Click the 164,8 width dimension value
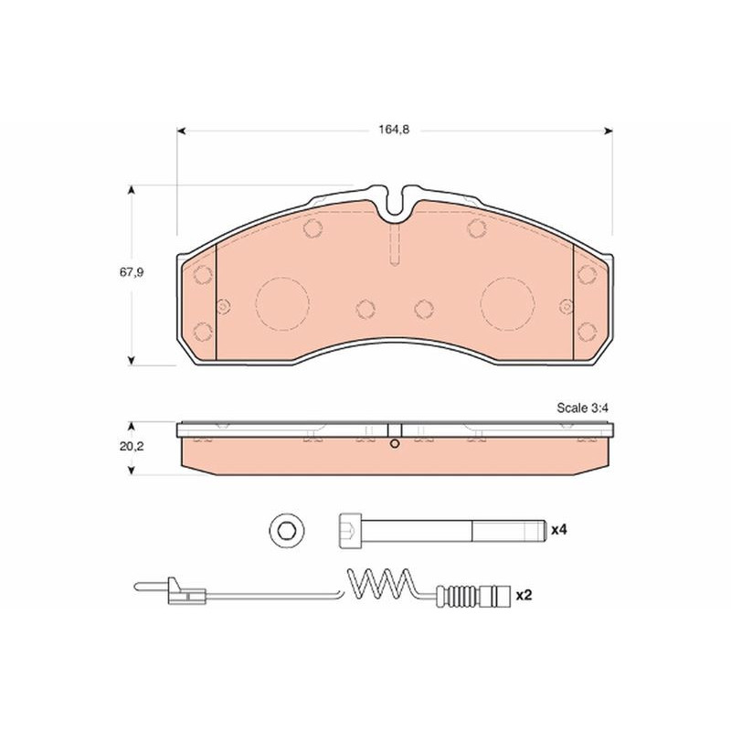coord(394,130)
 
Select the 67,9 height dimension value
coord(132,272)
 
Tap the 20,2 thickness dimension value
coord(132,446)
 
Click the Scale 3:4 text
coord(582,408)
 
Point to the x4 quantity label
coord(559,530)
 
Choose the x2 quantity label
coord(524,595)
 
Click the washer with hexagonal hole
coord(287,531)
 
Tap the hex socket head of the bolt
coord(348,531)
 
